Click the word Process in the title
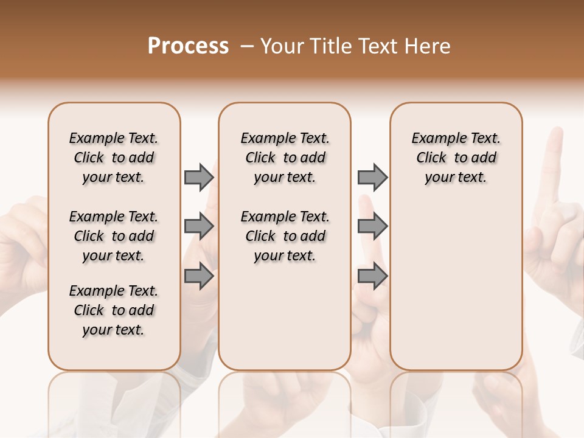point(188,46)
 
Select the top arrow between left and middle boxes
point(199,177)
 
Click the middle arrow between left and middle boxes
point(199,226)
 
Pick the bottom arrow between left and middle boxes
point(199,277)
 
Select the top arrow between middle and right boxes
point(372,177)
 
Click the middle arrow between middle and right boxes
point(372,226)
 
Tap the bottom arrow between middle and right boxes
point(372,277)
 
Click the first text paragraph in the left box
point(114,158)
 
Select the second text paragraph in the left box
point(114,236)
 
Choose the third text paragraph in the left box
point(114,310)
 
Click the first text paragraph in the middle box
point(285,158)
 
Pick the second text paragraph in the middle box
point(285,236)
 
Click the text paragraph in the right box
point(456,158)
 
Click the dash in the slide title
point(246,46)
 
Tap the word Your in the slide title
point(282,46)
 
